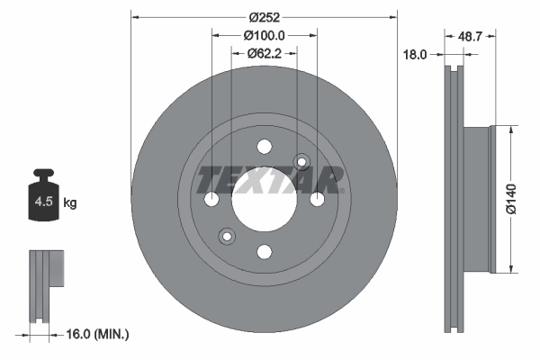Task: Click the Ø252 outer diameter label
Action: [x=264, y=18]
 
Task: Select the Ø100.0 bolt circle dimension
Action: [x=264, y=35]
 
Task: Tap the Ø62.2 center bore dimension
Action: [x=264, y=53]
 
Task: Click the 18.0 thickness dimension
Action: [x=414, y=54]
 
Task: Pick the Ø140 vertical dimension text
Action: [x=510, y=197]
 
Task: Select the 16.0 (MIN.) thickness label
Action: [x=99, y=334]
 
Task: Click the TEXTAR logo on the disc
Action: [x=270, y=180]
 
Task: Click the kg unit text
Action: [x=70, y=203]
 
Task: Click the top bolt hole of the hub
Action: [x=264, y=147]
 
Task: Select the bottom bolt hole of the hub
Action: [x=264, y=252]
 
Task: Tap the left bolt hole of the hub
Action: [x=211, y=200]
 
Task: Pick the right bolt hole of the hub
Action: [x=317, y=200]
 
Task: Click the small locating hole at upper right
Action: [x=301, y=162]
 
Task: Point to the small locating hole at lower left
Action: [x=226, y=237]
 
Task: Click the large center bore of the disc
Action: [x=264, y=200]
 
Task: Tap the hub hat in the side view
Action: [x=477, y=198]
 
